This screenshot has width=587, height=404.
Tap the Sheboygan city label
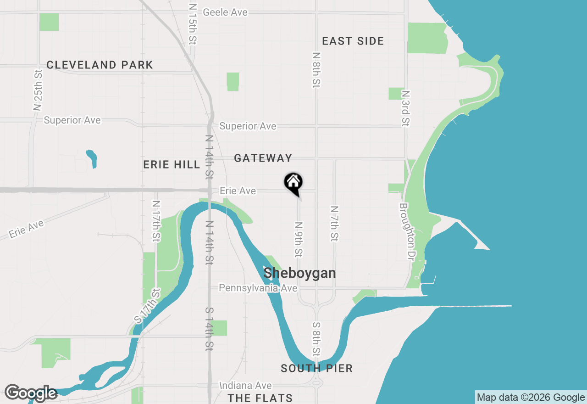pyautogui.click(x=299, y=273)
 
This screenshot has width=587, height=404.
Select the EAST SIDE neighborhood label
pyautogui.click(x=353, y=41)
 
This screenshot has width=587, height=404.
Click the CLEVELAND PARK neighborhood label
pyautogui.click(x=100, y=65)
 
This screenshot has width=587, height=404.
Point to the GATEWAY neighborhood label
pyautogui.click(x=263, y=158)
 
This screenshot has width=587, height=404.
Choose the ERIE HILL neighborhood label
pyautogui.click(x=172, y=164)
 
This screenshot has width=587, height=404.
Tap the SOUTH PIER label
pyautogui.click(x=316, y=368)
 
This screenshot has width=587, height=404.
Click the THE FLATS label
pyautogui.click(x=260, y=398)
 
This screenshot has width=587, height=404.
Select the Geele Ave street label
pyautogui.click(x=225, y=12)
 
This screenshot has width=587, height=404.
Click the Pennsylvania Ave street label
pyautogui.click(x=258, y=288)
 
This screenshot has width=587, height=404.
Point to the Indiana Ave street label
pyautogui.click(x=246, y=386)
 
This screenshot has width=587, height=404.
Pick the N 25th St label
pyautogui.click(x=38, y=90)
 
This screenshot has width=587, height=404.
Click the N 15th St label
pyautogui.click(x=192, y=24)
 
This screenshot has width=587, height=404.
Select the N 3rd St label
pyautogui.click(x=405, y=108)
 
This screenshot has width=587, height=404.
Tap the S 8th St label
pyautogui.click(x=316, y=339)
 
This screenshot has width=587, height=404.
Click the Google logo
pyautogui.click(x=31, y=393)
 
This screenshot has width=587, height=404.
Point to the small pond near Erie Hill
pyautogui.click(x=92, y=158)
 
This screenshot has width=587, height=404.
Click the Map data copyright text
pyautogui.click(x=531, y=398)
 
